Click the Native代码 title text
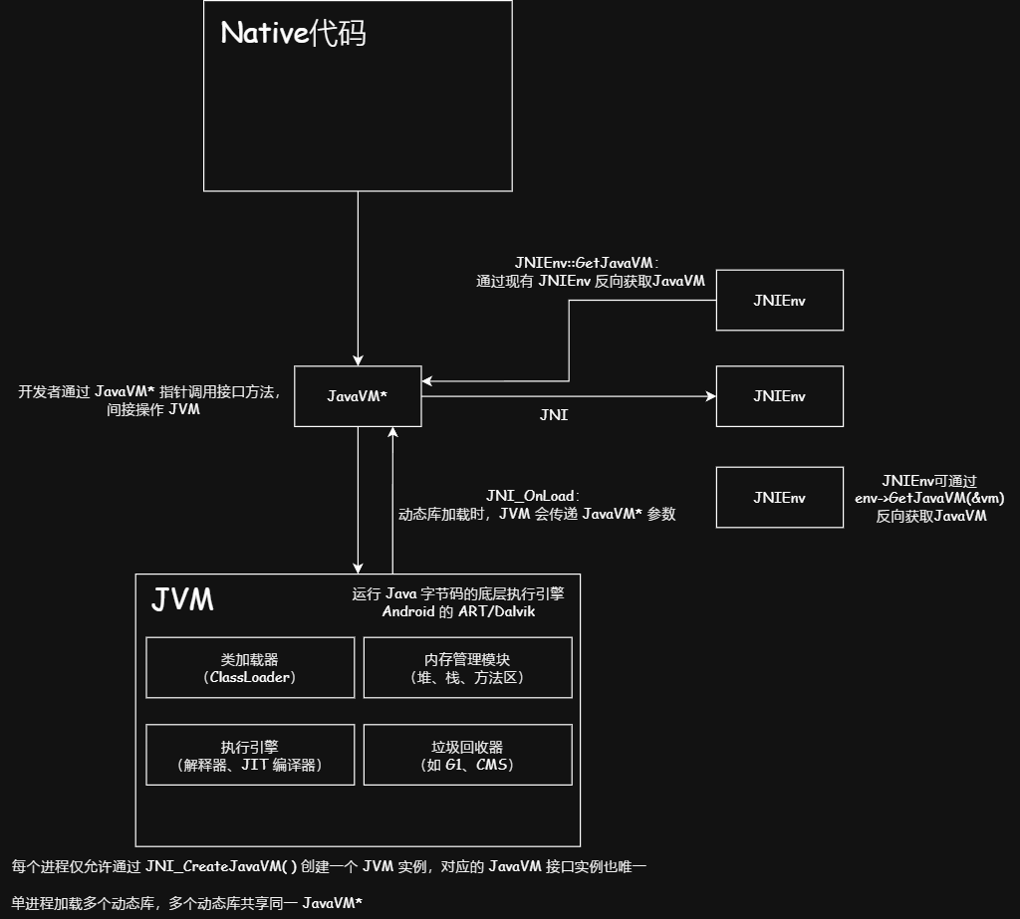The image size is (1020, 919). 293,34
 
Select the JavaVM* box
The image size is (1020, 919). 357,395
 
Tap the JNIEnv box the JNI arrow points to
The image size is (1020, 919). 779,395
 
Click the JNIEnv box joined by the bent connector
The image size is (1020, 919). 779,300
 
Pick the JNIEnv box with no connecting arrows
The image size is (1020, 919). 779,497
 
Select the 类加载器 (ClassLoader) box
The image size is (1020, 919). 250,667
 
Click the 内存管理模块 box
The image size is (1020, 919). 467,667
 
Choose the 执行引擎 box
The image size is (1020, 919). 250,756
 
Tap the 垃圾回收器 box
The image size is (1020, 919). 467,756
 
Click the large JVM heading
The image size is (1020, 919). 182,600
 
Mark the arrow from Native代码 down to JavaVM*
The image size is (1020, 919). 358,279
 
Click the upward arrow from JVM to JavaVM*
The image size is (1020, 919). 393,498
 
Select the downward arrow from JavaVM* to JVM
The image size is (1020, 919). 358,498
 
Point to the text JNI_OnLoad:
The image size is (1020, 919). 533,496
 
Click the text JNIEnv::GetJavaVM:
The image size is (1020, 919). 592,262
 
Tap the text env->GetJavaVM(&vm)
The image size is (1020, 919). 929,497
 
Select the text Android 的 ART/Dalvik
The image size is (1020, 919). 458,611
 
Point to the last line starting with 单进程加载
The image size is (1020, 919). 186,902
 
